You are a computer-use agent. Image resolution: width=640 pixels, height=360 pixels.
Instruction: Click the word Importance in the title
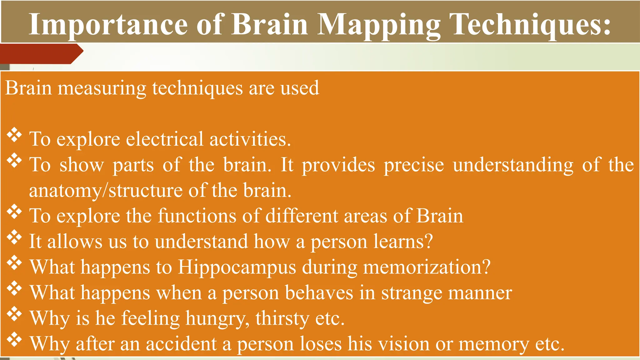(108, 25)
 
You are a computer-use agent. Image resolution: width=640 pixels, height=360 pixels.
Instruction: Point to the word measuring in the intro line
(102, 89)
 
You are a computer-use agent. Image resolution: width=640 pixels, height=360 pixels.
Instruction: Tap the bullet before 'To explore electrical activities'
(14, 136)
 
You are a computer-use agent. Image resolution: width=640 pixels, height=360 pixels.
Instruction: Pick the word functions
(197, 216)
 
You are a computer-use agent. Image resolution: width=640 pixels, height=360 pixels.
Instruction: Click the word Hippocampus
(237, 267)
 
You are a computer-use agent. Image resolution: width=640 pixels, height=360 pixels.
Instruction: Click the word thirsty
(282, 319)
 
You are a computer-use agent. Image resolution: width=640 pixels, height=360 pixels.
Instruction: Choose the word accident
(181, 344)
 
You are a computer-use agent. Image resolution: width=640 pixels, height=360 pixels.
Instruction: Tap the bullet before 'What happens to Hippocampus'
(14, 264)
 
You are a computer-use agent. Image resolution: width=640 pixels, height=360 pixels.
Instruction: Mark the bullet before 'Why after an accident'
(14, 340)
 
